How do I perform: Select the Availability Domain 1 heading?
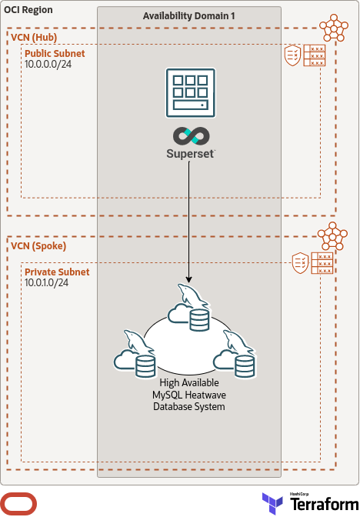click(x=189, y=16)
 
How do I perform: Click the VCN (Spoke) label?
click(x=38, y=246)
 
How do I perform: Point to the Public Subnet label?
click(x=55, y=54)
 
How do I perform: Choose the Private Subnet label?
click(x=57, y=272)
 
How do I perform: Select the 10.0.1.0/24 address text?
click(x=47, y=283)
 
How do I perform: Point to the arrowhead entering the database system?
click(x=189, y=279)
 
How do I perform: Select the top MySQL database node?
click(x=190, y=309)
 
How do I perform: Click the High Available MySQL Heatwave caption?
click(x=189, y=394)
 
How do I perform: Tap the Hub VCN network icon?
click(x=334, y=28)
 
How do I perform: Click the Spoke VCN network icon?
click(x=334, y=235)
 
